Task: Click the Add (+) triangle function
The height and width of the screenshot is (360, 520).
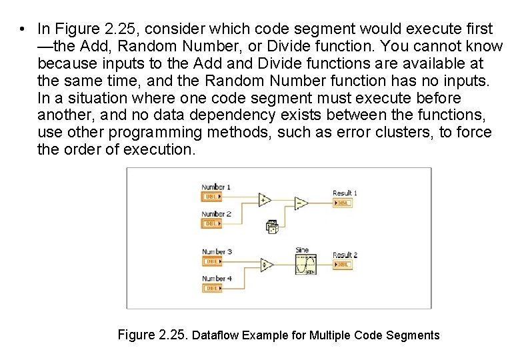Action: coord(264,199)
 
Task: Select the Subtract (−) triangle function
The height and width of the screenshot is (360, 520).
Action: coord(301,203)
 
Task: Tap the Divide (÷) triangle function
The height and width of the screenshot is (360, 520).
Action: coord(266,265)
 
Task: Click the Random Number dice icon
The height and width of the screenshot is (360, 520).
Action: coord(272,227)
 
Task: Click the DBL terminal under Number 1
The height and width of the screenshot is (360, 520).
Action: coord(212,197)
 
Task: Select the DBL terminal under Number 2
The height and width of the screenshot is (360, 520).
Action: coord(212,224)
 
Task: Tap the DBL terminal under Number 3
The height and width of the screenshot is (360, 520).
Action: coord(212,261)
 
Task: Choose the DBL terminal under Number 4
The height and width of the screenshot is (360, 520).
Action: coord(212,288)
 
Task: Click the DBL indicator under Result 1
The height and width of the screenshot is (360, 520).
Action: coord(342,203)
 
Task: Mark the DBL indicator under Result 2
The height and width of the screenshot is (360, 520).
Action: coord(342,265)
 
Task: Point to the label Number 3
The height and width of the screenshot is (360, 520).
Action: coord(217,252)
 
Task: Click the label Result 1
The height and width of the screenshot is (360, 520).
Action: coord(345,193)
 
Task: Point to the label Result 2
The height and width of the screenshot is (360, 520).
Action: coord(345,255)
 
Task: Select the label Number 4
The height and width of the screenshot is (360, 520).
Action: coord(217,279)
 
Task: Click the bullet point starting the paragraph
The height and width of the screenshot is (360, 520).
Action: coord(23,29)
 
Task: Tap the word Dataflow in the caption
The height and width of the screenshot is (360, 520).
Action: coord(215,335)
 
